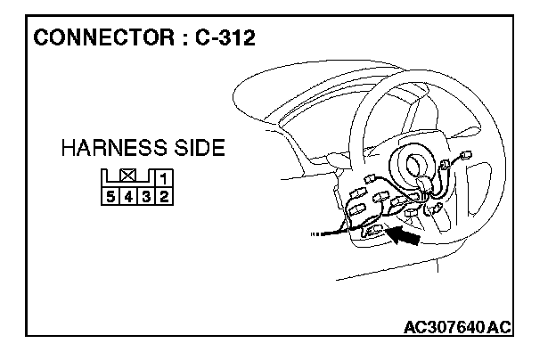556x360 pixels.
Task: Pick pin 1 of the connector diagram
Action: click(x=165, y=180)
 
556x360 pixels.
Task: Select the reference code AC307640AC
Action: click(x=455, y=326)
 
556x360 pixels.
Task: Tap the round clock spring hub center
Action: click(x=416, y=164)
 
